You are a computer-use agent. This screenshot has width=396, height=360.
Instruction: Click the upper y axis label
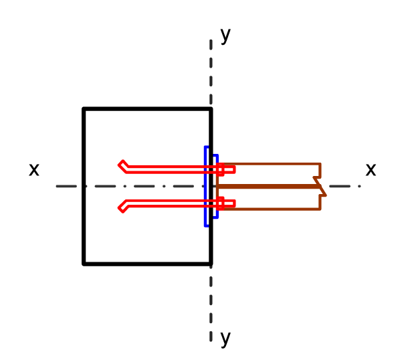pos(225,35)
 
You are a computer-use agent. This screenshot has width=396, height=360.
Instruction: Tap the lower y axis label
pos(225,339)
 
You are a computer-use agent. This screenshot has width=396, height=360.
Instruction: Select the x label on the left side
pos(34,169)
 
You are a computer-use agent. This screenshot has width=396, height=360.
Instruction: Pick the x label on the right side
pos(371,169)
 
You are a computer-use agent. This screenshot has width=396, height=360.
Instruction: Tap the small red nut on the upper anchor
pos(220,169)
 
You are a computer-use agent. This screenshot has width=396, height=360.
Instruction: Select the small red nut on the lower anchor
pos(220,203)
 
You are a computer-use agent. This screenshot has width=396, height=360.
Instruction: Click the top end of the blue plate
pos(207,147)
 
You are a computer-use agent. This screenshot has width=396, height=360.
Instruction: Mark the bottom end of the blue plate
pos(207,226)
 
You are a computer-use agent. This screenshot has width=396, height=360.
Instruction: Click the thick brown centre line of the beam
pos(268,187)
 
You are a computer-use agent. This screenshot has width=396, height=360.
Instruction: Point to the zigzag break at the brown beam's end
pos(320,187)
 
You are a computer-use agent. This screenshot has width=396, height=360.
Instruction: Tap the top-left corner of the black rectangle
pos(84,109)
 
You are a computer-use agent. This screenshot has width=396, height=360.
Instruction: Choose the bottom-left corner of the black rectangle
pos(84,264)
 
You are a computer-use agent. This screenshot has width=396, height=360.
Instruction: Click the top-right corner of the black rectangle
pos(211,109)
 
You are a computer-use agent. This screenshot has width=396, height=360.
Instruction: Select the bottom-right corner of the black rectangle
pos(211,264)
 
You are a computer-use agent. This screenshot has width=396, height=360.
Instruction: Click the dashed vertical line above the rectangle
pos(211,72)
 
